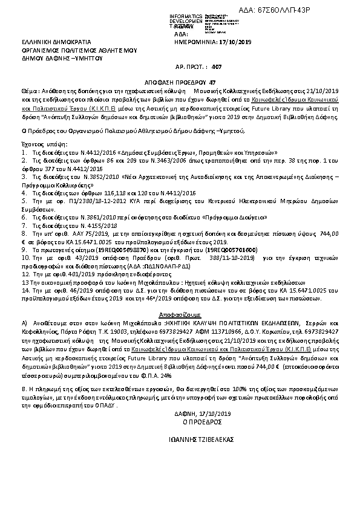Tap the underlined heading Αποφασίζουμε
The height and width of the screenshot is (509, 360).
[x=180, y=315]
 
